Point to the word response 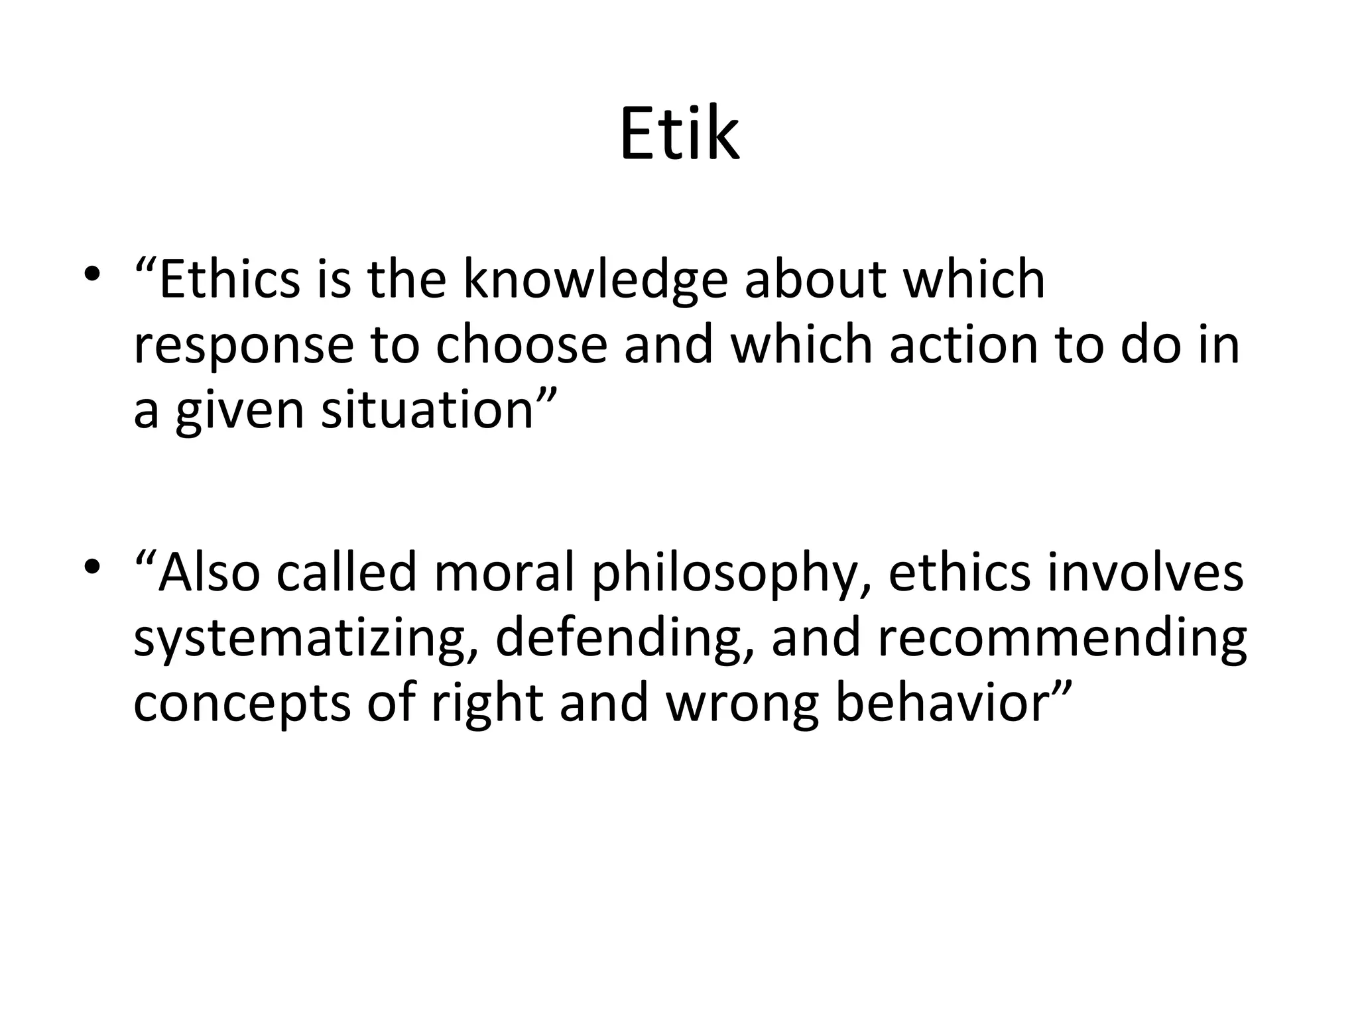pyautogui.click(x=243, y=346)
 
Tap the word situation pyautogui.click(x=428, y=410)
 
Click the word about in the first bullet pyautogui.click(x=815, y=280)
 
